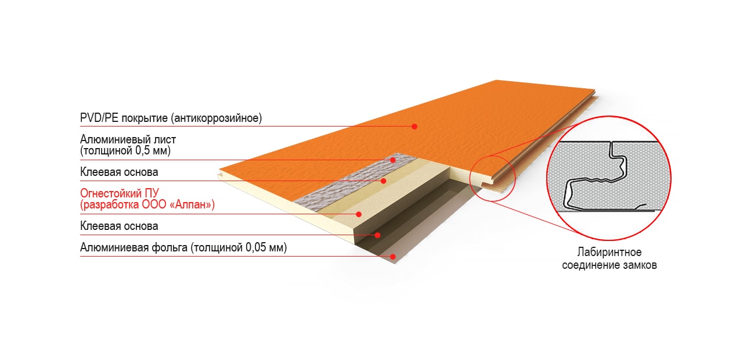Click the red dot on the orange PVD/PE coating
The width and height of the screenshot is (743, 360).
[x=414, y=127]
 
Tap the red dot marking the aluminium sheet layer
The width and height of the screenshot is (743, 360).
[x=393, y=160]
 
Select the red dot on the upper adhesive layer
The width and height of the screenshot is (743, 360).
[x=384, y=181]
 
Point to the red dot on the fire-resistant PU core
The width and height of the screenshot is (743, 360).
[x=359, y=214]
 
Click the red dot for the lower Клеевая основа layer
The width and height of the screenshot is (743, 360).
[x=377, y=235]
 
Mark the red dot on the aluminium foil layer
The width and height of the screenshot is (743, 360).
[x=393, y=257]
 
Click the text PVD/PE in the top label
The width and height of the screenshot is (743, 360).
[x=99, y=118]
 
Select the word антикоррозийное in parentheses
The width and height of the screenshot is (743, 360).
[x=218, y=118]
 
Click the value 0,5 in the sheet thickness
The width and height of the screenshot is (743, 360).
[x=143, y=151]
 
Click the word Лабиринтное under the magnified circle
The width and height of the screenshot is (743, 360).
[x=609, y=253]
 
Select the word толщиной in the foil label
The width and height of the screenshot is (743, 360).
[x=218, y=248]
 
